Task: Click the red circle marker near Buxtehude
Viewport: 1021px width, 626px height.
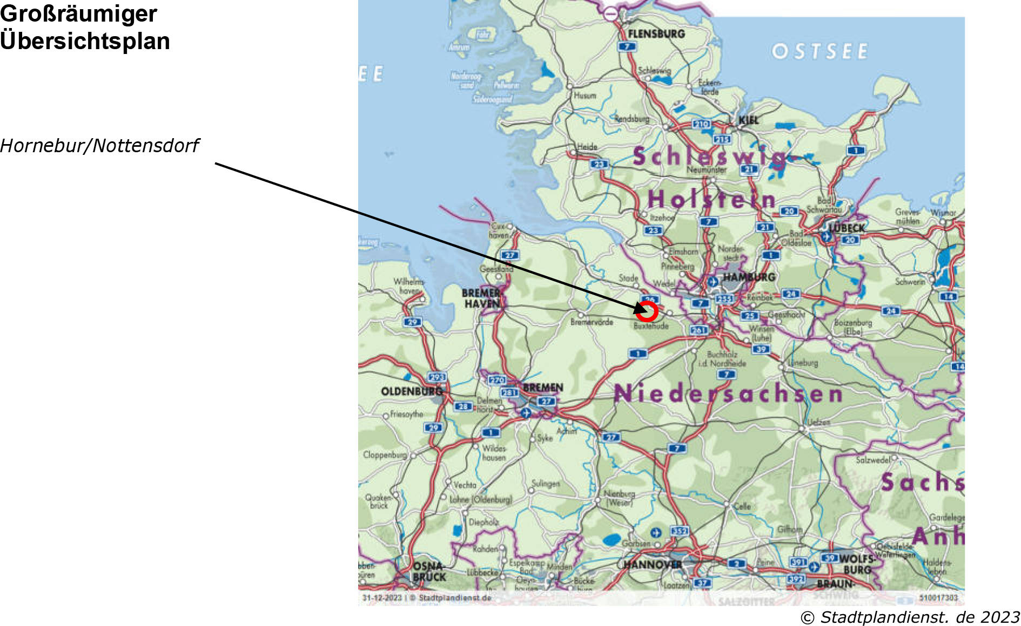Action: tap(647, 311)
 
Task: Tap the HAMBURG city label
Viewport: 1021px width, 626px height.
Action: tap(749, 277)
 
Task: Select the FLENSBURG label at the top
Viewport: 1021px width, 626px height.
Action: tap(656, 33)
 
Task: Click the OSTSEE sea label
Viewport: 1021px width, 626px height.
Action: tap(819, 52)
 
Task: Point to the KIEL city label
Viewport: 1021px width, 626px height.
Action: tap(749, 120)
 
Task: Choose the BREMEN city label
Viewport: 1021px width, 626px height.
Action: tap(543, 387)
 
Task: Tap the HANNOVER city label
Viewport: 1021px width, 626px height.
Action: tap(652, 564)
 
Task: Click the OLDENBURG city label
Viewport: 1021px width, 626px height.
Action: tap(412, 391)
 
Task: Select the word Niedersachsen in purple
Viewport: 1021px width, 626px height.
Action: tap(728, 394)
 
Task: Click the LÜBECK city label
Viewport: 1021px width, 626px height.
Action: tap(847, 228)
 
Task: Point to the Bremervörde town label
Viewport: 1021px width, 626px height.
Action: tap(592, 322)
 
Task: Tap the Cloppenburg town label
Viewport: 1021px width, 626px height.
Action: tap(384, 455)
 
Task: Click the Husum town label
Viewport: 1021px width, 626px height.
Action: tap(585, 96)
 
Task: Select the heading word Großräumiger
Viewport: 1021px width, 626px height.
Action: tap(78, 13)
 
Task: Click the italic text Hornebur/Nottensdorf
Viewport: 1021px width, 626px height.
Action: tap(99, 146)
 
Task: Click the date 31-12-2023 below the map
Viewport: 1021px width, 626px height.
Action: tap(382, 598)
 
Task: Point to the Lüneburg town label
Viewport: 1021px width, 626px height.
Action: tap(803, 363)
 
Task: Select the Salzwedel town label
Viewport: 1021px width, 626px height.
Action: tap(872, 460)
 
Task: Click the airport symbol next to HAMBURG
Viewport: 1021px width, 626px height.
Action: tap(713, 281)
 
